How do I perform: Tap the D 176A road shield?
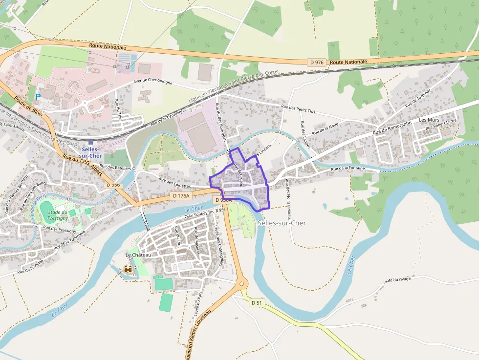point(181,196)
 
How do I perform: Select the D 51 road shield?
point(257,303)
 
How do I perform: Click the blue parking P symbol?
point(38,97)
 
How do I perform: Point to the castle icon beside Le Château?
point(129,269)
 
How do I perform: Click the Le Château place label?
point(138,255)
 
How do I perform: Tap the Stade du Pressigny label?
point(58,215)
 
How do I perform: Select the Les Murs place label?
point(429,120)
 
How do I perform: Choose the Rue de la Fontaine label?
point(348,169)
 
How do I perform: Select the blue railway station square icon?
point(90,142)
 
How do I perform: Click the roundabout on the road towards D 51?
point(241,284)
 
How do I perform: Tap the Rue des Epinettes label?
point(174,183)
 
